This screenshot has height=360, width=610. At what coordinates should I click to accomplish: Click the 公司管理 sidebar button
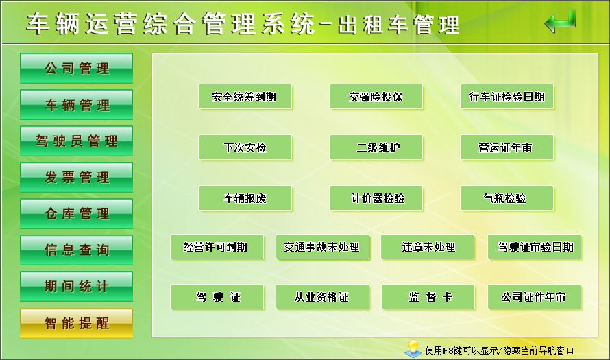(x=76, y=68)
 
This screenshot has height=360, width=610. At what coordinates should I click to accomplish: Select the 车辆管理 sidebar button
(x=76, y=105)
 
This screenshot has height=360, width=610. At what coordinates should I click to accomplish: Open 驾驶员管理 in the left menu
(x=76, y=141)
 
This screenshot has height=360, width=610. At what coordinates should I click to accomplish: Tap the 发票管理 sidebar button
(x=76, y=178)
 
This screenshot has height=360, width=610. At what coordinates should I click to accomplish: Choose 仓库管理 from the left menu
(x=76, y=214)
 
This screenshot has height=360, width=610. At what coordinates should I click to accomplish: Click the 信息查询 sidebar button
(x=76, y=250)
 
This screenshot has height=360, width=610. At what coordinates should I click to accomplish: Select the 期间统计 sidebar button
(x=76, y=287)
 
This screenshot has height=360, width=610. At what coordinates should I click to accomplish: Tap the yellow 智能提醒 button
(x=76, y=323)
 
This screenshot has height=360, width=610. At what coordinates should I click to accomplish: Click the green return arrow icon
(x=560, y=21)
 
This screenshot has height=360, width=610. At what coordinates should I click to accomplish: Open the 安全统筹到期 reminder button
(x=245, y=97)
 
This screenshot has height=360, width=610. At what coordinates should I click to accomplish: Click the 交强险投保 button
(x=376, y=97)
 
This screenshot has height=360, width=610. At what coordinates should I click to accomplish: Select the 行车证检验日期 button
(x=507, y=97)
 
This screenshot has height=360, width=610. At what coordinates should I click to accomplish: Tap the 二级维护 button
(x=376, y=147)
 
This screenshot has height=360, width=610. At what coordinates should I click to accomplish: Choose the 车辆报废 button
(x=245, y=198)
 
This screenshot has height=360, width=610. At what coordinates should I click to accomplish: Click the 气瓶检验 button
(x=507, y=198)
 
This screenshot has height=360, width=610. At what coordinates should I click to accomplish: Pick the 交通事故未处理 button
(x=323, y=247)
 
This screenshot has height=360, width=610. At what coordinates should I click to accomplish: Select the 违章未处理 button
(x=428, y=247)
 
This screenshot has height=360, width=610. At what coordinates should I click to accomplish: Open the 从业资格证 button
(x=323, y=297)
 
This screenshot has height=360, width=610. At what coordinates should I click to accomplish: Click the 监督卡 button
(x=428, y=297)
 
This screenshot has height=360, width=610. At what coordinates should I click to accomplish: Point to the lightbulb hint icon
(x=413, y=348)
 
